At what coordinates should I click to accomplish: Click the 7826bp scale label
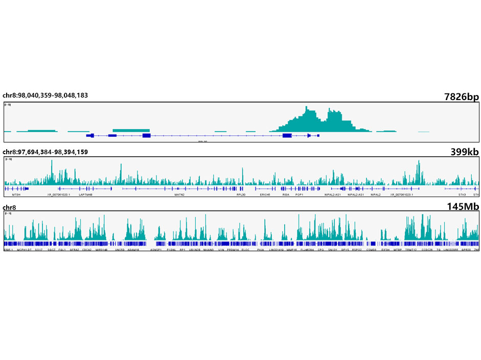461,98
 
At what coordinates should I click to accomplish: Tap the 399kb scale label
465,152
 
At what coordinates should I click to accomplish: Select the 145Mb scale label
465,206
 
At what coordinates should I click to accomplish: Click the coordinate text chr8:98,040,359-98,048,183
45,95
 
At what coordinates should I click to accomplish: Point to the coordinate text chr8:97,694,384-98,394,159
45,152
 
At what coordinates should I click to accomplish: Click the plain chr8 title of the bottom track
9,207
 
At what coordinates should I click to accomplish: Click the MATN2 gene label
179,195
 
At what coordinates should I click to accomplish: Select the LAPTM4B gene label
85,195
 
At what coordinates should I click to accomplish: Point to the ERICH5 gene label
265,195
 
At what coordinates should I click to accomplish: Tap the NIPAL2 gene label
376,195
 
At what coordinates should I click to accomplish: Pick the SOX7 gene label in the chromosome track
38,250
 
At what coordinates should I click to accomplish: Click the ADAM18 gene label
134,250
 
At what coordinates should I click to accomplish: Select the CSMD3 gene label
371,250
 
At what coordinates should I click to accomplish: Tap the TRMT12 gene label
411,250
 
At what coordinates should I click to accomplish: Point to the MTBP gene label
397,250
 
